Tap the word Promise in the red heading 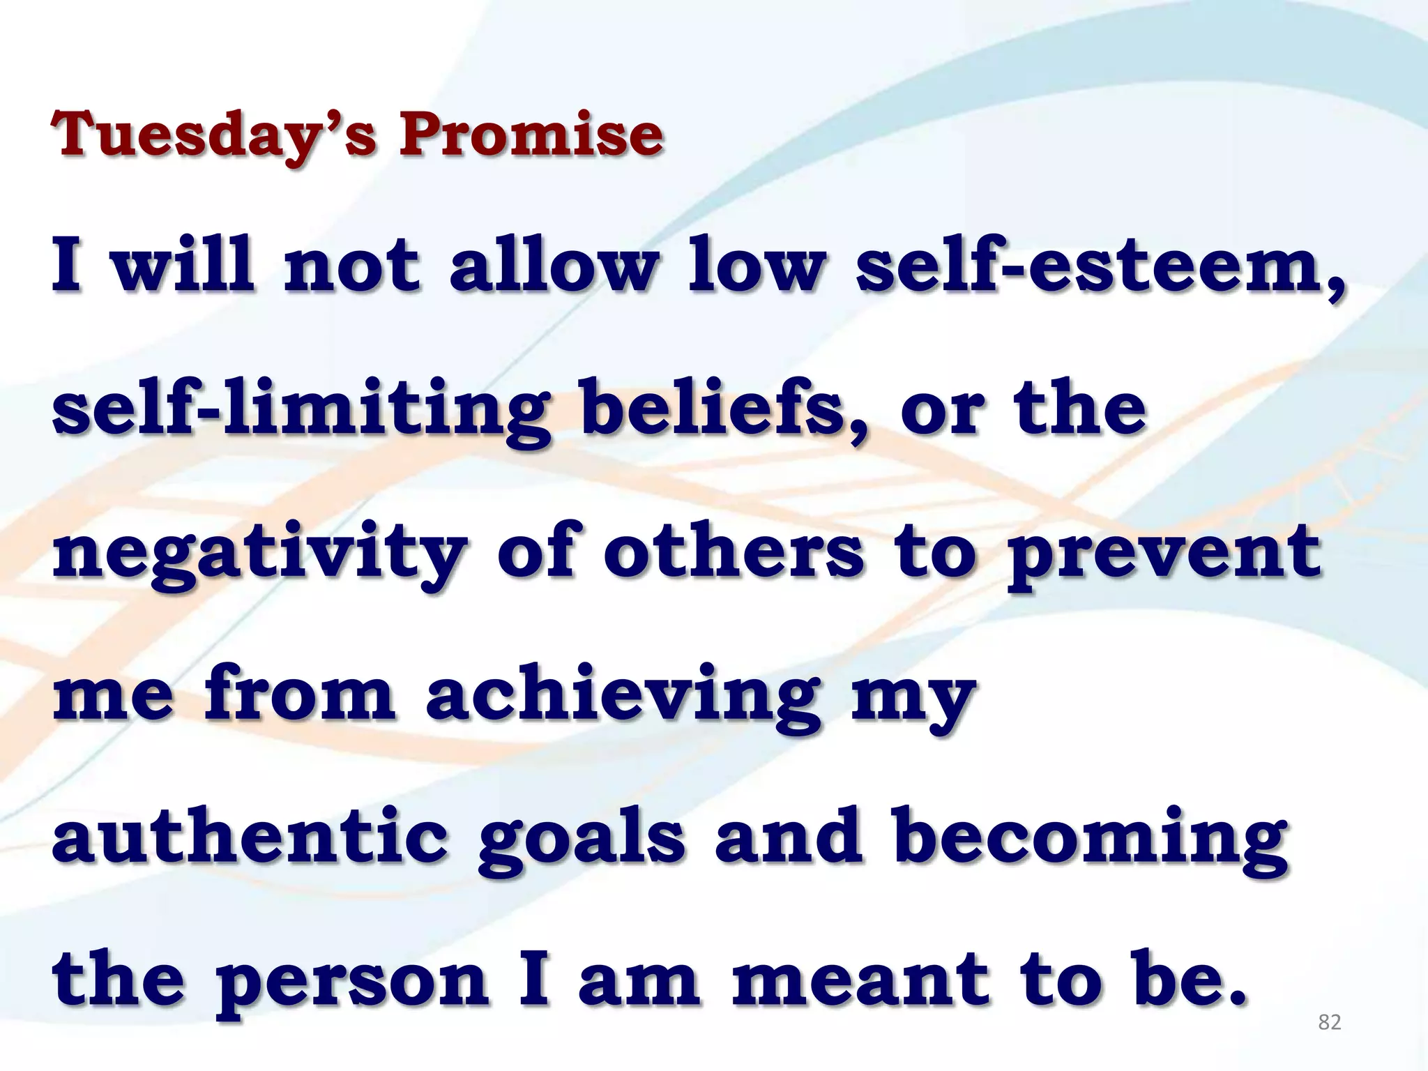click(x=531, y=134)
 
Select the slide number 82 click(x=1330, y=1022)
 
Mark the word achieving click(x=623, y=697)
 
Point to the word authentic click(x=250, y=837)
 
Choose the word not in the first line click(x=352, y=268)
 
